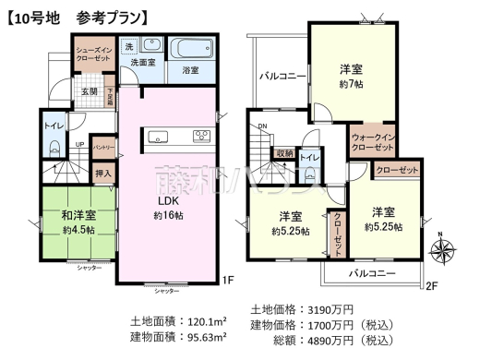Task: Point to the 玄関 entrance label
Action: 89,92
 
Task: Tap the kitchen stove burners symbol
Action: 202,138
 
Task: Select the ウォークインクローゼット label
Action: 374,143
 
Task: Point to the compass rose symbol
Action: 446,248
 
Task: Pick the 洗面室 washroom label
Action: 140,62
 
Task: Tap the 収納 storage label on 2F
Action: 283,154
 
